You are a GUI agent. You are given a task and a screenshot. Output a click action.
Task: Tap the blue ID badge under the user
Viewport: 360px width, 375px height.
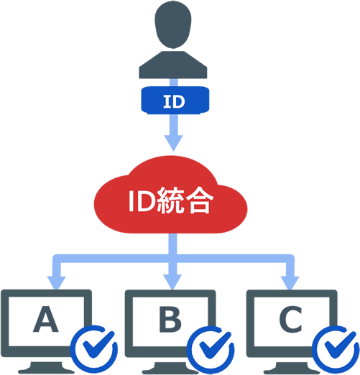[x=174, y=101]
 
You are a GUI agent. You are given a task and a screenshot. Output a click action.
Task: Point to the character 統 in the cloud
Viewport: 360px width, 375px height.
[x=174, y=202]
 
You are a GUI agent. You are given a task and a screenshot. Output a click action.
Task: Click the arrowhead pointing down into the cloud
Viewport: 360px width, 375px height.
[x=174, y=142]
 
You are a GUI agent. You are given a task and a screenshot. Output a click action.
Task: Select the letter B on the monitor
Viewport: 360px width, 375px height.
[x=170, y=321]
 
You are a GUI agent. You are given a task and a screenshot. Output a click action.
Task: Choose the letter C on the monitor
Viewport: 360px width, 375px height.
[x=290, y=321]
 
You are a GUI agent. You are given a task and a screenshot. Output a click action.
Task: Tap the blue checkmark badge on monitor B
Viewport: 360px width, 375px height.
[x=211, y=350]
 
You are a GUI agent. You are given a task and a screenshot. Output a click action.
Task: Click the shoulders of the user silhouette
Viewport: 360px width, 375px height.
[x=173, y=67]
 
